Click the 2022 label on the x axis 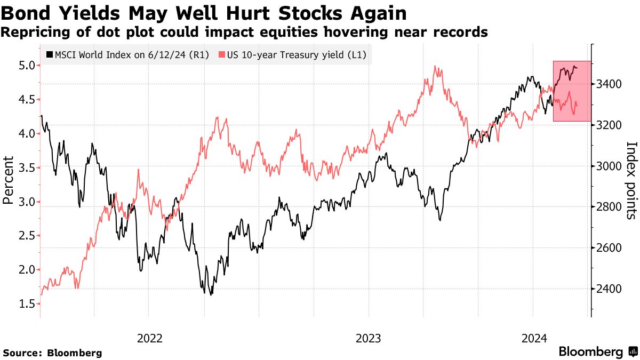[150, 338]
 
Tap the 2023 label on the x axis [369, 338]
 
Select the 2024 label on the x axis [533, 338]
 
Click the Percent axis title [8, 180]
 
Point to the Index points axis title [631, 180]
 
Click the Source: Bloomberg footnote [52, 353]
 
